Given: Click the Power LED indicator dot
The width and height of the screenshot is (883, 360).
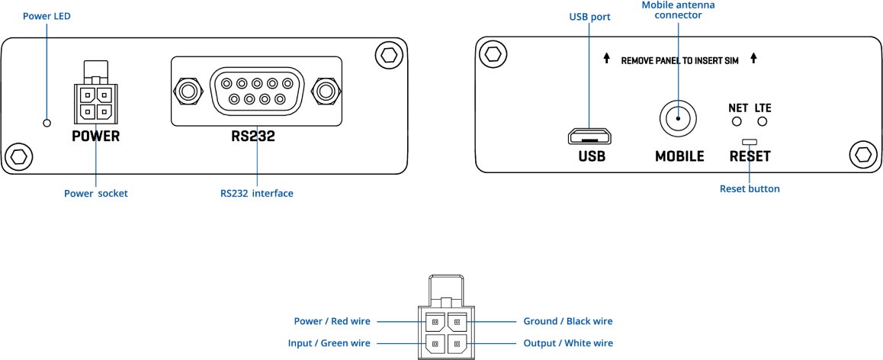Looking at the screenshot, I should [x=47, y=123].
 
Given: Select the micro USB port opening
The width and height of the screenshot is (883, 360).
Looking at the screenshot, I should [x=589, y=137].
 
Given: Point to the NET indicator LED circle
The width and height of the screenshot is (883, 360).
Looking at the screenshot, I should [x=737, y=121].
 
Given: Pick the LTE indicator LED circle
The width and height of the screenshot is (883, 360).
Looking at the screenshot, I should [x=762, y=121].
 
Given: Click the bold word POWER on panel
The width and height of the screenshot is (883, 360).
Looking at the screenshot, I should [x=96, y=137].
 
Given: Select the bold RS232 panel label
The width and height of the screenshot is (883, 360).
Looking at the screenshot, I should [x=253, y=138].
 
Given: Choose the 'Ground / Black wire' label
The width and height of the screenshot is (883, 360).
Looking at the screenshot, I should [x=567, y=321].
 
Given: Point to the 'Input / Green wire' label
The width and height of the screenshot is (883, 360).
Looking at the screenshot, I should [x=329, y=343].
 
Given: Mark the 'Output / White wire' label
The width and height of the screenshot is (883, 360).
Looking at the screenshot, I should [x=567, y=343].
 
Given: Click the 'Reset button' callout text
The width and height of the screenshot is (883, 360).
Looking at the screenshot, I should [x=750, y=188].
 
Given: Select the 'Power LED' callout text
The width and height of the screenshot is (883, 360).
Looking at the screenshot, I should [x=47, y=16].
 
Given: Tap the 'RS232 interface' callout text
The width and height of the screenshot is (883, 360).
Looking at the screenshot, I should [x=252, y=194].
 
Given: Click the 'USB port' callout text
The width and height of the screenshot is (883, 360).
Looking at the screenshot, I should [x=590, y=16].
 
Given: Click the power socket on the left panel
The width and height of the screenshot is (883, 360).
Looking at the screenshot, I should [x=96, y=103].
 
